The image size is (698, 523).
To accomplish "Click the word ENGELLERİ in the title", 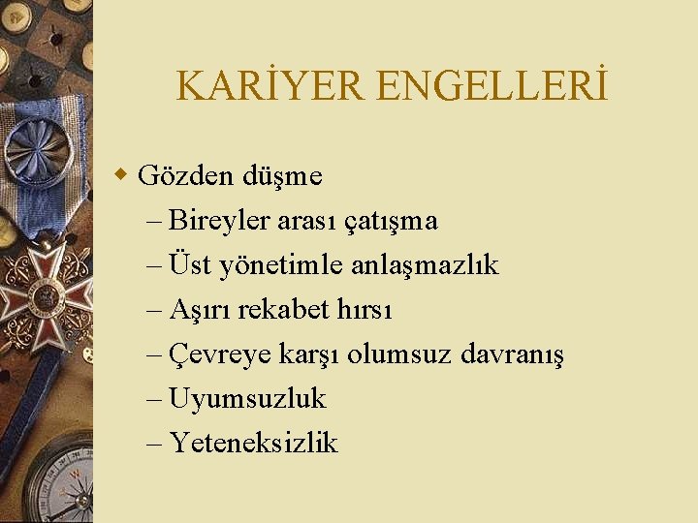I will coord(492,87).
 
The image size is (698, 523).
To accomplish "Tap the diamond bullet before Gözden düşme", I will coord(120,175).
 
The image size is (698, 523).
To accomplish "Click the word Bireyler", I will coord(219,221).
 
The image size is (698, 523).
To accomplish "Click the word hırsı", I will coord(361,309).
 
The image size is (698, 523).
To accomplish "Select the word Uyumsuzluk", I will coord(247,398).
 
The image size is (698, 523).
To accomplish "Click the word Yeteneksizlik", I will coord(253,443).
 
